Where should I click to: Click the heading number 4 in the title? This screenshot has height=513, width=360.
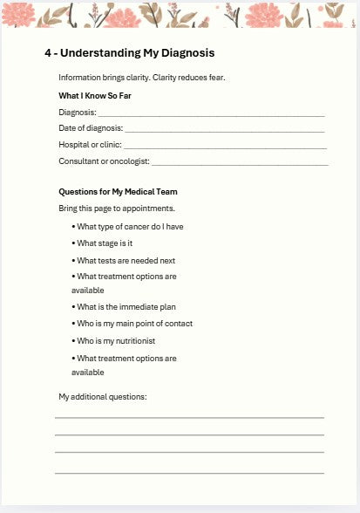pos(49,53)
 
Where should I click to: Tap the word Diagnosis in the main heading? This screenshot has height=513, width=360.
pos(182,53)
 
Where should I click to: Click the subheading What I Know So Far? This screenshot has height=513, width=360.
pos(95,95)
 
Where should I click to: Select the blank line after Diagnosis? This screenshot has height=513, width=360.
pos(211,113)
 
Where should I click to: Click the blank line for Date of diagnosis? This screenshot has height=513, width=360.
pos(224,129)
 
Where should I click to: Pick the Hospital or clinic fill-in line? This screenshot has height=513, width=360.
pos(224,146)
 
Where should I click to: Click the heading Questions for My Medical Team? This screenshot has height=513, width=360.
pos(118,192)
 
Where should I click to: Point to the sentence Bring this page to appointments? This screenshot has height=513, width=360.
pos(117,209)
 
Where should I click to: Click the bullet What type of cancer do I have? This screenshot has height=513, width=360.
pos(130,227)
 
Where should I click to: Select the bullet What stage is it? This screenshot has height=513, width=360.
pos(105,243)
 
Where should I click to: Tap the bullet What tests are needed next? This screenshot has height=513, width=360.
pos(126,260)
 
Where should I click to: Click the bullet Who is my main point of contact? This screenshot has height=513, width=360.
pos(134,324)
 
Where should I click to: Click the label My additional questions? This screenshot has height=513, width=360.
pos(103,397)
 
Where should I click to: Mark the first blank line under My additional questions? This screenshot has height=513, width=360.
pos(189,418)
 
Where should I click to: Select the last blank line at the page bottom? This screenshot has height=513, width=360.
pos(189,472)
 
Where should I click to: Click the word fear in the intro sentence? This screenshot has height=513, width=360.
pos(215,78)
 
